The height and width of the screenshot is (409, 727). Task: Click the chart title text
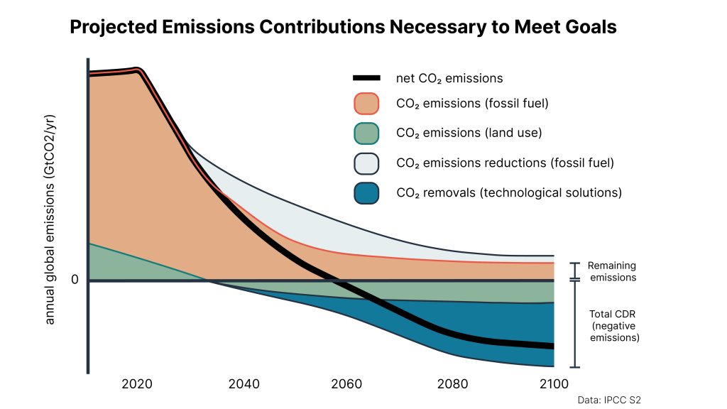tap(343, 28)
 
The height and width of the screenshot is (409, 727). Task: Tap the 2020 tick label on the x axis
tap(136, 384)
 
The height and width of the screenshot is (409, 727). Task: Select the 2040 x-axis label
tap(244, 384)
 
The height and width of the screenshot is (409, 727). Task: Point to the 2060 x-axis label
tap(348, 384)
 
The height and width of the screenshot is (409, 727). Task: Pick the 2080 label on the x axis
tap(452, 384)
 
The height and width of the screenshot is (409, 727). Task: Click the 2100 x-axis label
tap(554, 384)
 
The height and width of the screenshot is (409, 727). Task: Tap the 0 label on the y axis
tap(75, 280)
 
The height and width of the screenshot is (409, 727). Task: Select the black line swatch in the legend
tap(366, 78)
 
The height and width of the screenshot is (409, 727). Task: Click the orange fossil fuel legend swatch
tap(366, 104)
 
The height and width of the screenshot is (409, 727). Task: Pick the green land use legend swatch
tap(366, 133)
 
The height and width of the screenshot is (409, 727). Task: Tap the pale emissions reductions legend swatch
tap(366, 163)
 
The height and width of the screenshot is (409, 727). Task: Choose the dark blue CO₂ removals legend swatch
tap(366, 192)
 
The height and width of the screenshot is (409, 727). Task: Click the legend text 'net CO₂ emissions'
tap(449, 79)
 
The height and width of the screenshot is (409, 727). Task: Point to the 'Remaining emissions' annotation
tap(611, 271)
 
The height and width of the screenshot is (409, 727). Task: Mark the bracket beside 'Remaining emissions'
tap(575, 271)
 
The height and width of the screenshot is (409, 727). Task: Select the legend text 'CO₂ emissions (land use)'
tap(469, 133)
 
